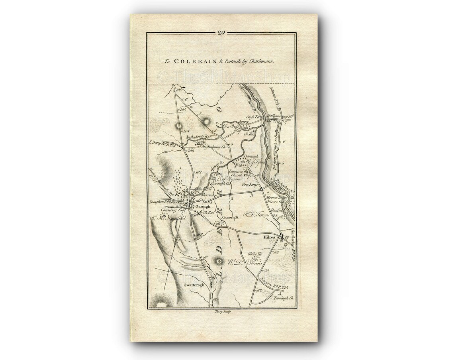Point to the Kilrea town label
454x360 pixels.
point(270,236)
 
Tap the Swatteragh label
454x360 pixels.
point(194,285)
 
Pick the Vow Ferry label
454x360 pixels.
point(250,185)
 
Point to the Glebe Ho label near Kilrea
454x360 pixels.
point(255,254)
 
